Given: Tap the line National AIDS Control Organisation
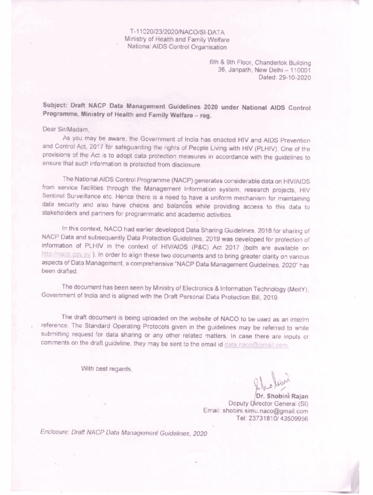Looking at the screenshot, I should (177, 47).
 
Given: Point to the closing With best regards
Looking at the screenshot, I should (106, 369).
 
